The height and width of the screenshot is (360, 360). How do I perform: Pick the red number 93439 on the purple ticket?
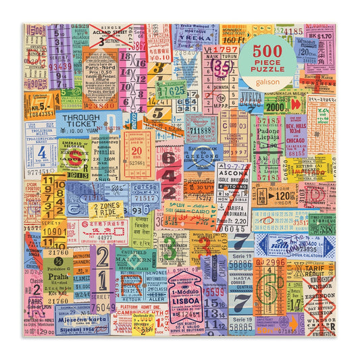coord(59,67)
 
